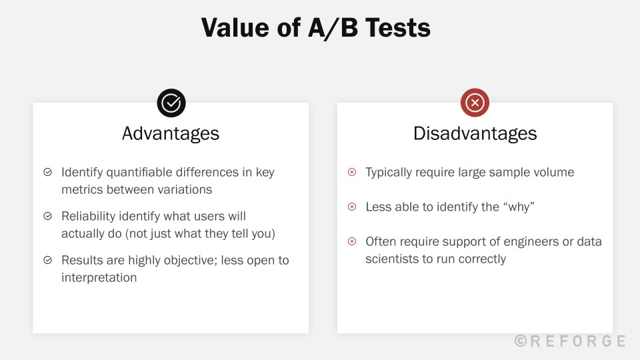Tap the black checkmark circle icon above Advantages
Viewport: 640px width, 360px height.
click(x=171, y=103)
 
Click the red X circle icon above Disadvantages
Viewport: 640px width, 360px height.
click(x=475, y=103)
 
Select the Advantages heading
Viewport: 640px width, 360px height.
click(x=171, y=133)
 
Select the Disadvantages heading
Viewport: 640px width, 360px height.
click(x=475, y=133)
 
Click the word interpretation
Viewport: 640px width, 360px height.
click(x=99, y=277)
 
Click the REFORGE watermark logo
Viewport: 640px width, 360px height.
click(x=571, y=341)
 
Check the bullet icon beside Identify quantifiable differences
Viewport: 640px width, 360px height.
click(x=48, y=172)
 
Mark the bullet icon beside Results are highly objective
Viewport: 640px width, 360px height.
click(x=48, y=260)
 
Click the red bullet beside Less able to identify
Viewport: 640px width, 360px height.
click(x=352, y=207)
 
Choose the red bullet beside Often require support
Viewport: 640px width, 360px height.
click(x=352, y=241)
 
